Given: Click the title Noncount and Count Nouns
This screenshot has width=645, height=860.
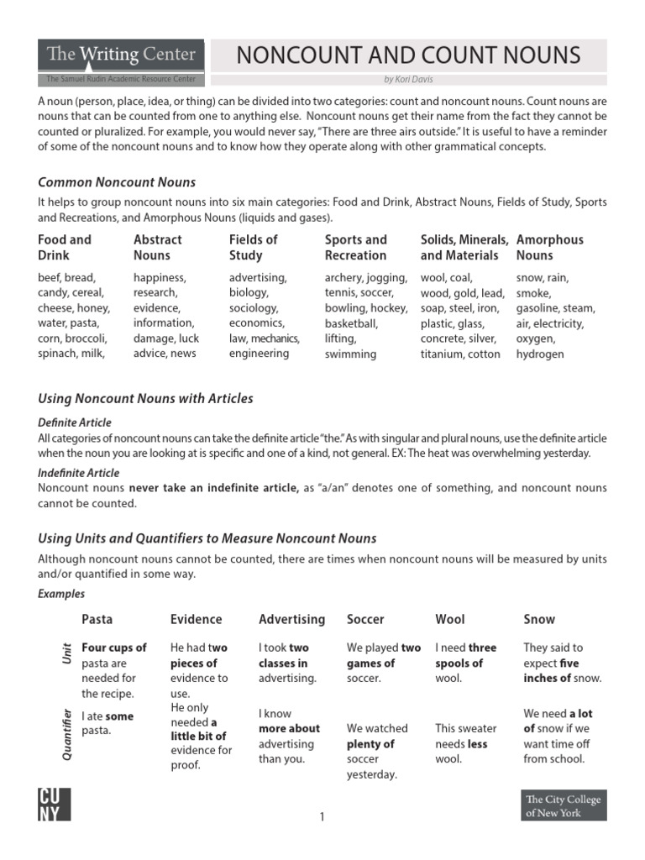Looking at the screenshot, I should (407, 55).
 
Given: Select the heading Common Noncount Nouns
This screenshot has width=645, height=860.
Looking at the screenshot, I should (117, 182).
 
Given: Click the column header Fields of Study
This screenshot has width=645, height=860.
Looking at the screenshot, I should (253, 248).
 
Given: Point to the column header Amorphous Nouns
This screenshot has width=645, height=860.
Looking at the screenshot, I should (549, 248).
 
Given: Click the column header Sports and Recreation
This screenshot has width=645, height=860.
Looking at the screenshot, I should (356, 248).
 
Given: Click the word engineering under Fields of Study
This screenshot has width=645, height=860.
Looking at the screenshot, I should (259, 354).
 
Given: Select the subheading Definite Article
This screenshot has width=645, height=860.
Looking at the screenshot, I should (75, 422).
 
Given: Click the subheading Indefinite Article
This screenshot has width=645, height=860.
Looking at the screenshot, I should (79, 473).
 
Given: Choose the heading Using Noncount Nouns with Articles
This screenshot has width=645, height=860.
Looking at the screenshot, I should (145, 398).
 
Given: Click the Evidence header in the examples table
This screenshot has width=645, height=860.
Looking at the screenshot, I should (196, 619).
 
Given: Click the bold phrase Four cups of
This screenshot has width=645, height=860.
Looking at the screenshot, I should (114, 648).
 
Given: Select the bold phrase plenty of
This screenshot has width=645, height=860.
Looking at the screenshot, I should (370, 744).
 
